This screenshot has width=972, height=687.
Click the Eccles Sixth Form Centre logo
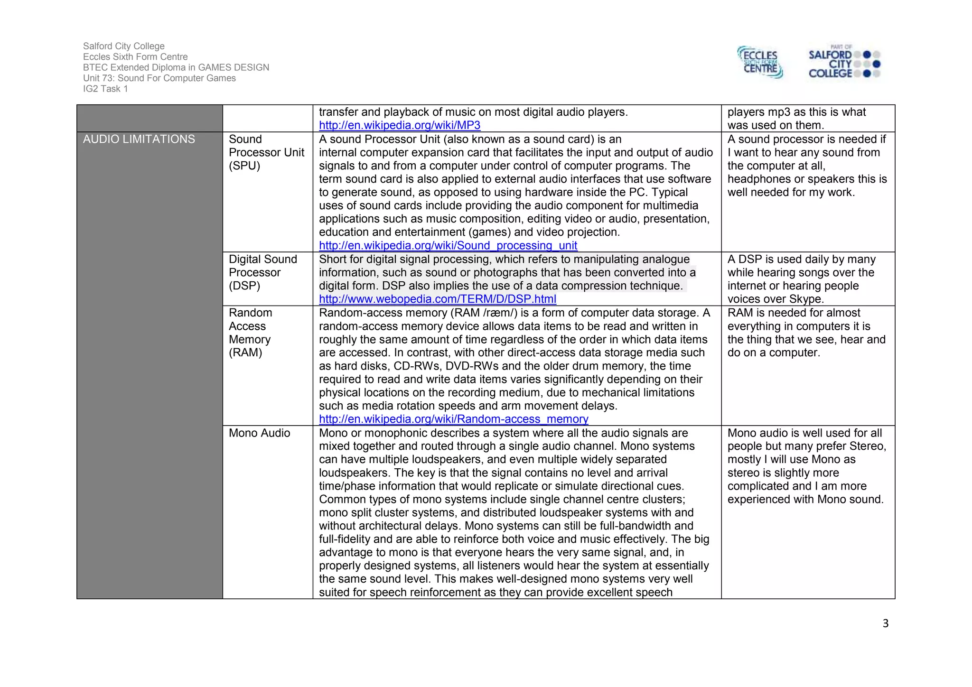point(760,62)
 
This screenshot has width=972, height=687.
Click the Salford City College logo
point(844,62)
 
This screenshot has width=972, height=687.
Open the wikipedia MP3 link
point(400,125)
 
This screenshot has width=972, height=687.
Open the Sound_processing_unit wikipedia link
point(448,246)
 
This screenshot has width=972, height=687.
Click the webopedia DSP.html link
point(437,299)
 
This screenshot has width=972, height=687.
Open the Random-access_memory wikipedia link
point(453,419)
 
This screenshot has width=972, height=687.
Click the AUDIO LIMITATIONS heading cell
point(139,139)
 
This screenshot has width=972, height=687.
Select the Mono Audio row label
point(259,433)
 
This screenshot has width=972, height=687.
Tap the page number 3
point(885,623)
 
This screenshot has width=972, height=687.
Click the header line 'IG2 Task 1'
point(105,89)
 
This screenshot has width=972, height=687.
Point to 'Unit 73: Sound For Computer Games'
point(159,78)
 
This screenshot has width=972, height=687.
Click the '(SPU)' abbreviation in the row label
point(244,166)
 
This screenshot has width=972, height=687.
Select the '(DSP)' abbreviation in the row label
point(244,286)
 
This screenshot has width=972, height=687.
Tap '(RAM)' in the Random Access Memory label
point(245,353)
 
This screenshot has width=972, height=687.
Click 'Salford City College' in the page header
point(123,46)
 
